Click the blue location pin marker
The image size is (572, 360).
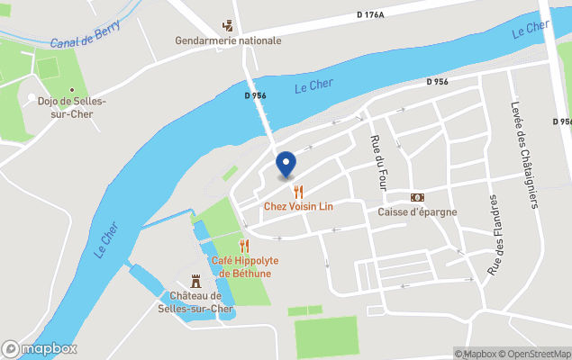(286, 164)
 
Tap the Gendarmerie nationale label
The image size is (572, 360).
(228, 40)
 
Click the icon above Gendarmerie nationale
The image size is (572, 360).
(228, 25)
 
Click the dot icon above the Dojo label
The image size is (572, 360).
(32, 98)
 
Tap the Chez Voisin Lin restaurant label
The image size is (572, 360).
(298, 206)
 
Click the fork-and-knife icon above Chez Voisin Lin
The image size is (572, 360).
(298, 191)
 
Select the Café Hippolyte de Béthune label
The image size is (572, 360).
(244, 266)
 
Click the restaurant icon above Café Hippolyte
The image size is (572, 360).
(244, 246)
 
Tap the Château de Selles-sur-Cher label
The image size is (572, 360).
(195, 302)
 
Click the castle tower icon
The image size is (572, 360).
(195, 281)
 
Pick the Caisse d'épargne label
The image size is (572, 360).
(417, 212)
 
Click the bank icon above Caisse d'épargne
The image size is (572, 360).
(417, 197)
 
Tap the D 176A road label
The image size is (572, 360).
(369, 14)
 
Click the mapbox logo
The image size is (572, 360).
(40, 348)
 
